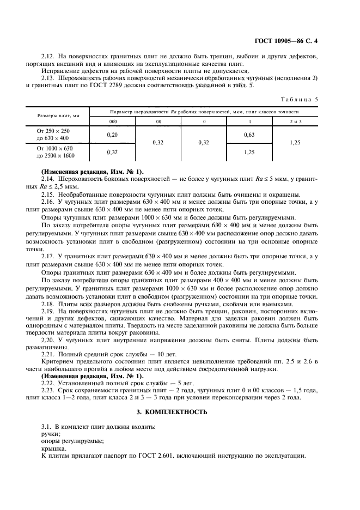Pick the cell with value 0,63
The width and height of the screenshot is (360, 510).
coord(251,134)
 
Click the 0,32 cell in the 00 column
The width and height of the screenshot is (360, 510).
coord(158,143)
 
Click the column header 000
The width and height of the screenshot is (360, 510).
coord(113,122)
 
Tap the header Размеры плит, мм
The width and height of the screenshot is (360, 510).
coord(58,116)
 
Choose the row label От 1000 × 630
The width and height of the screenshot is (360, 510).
coord(54,148)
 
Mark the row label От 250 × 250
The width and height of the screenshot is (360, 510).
coord(53,131)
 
